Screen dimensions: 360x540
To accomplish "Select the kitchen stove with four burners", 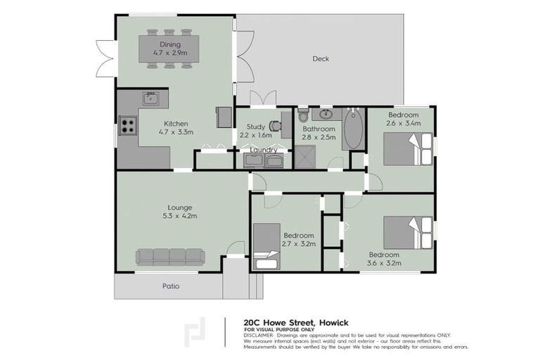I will (127, 126).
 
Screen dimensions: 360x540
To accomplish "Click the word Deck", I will (321, 58).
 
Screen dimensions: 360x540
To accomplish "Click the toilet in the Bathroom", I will (302, 114).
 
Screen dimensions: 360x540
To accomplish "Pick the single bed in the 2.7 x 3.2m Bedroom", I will (266, 246).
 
